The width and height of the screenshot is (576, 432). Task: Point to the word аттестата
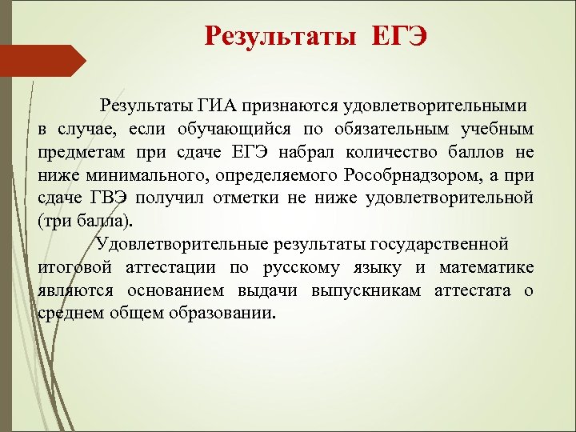click(470, 289)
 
